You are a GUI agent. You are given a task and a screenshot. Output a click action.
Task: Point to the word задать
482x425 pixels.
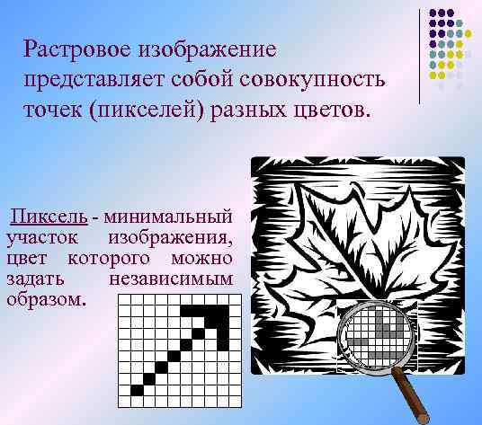pyautogui.click(x=31, y=278)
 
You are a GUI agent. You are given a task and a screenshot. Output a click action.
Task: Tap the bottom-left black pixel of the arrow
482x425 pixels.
pyautogui.click(x=138, y=389)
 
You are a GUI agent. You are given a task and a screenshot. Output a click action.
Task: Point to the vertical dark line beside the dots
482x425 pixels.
pyautogui.click(x=422, y=54)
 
